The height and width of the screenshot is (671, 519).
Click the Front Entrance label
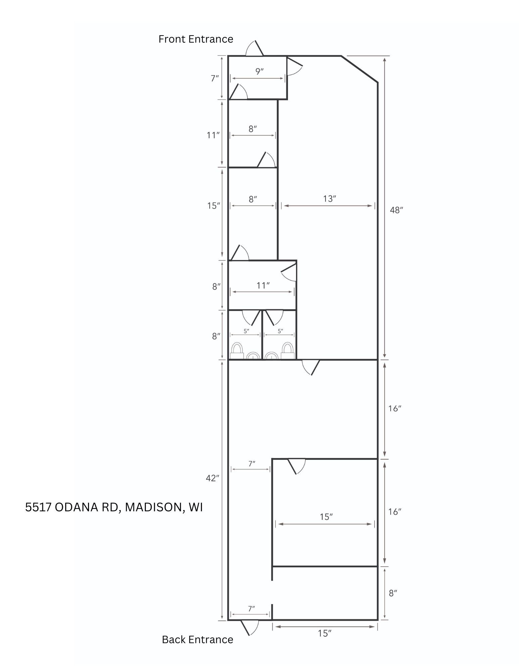(x=196, y=39)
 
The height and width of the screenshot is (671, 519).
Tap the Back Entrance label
(x=198, y=639)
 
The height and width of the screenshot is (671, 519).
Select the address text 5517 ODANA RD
(x=72, y=507)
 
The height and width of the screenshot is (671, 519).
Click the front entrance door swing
(x=254, y=49)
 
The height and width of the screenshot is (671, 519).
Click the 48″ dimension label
(x=396, y=210)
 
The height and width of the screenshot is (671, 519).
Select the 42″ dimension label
(x=212, y=478)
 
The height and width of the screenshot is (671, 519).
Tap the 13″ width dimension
(x=330, y=199)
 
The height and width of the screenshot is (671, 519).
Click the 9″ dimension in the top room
(x=259, y=71)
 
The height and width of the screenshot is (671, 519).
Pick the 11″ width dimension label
(x=263, y=286)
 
